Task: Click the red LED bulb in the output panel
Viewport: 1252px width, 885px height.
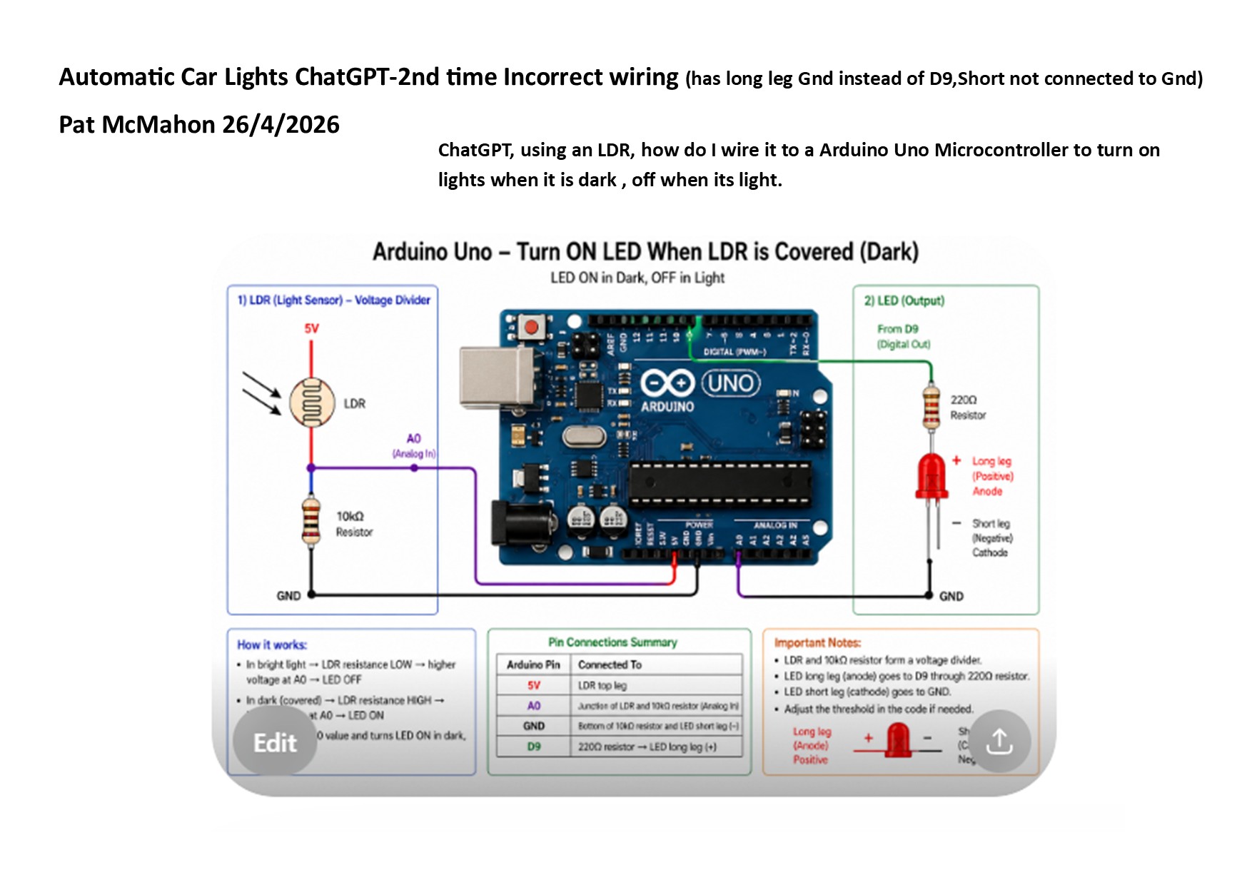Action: pos(932,475)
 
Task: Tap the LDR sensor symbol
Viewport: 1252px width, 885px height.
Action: pos(312,403)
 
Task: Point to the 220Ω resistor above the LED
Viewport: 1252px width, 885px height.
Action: pos(931,407)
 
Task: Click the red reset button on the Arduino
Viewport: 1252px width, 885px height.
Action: pos(531,328)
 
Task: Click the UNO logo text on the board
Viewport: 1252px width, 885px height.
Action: pos(730,383)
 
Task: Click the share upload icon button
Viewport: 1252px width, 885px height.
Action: pos(999,742)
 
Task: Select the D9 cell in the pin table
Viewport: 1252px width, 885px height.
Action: pos(534,747)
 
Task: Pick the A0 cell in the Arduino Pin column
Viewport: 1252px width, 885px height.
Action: pos(534,706)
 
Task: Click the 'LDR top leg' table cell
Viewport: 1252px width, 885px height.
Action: pos(602,685)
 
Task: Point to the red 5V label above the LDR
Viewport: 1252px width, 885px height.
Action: pos(312,329)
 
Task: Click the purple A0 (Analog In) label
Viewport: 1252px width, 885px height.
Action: pos(414,445)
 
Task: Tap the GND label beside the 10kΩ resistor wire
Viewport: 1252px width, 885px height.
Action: pos(288,596)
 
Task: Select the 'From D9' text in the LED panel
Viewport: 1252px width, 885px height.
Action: pos(898,329)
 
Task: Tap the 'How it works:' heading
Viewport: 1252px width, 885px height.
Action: pos(272,645)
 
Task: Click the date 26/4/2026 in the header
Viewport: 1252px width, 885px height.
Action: pos(281,125)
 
